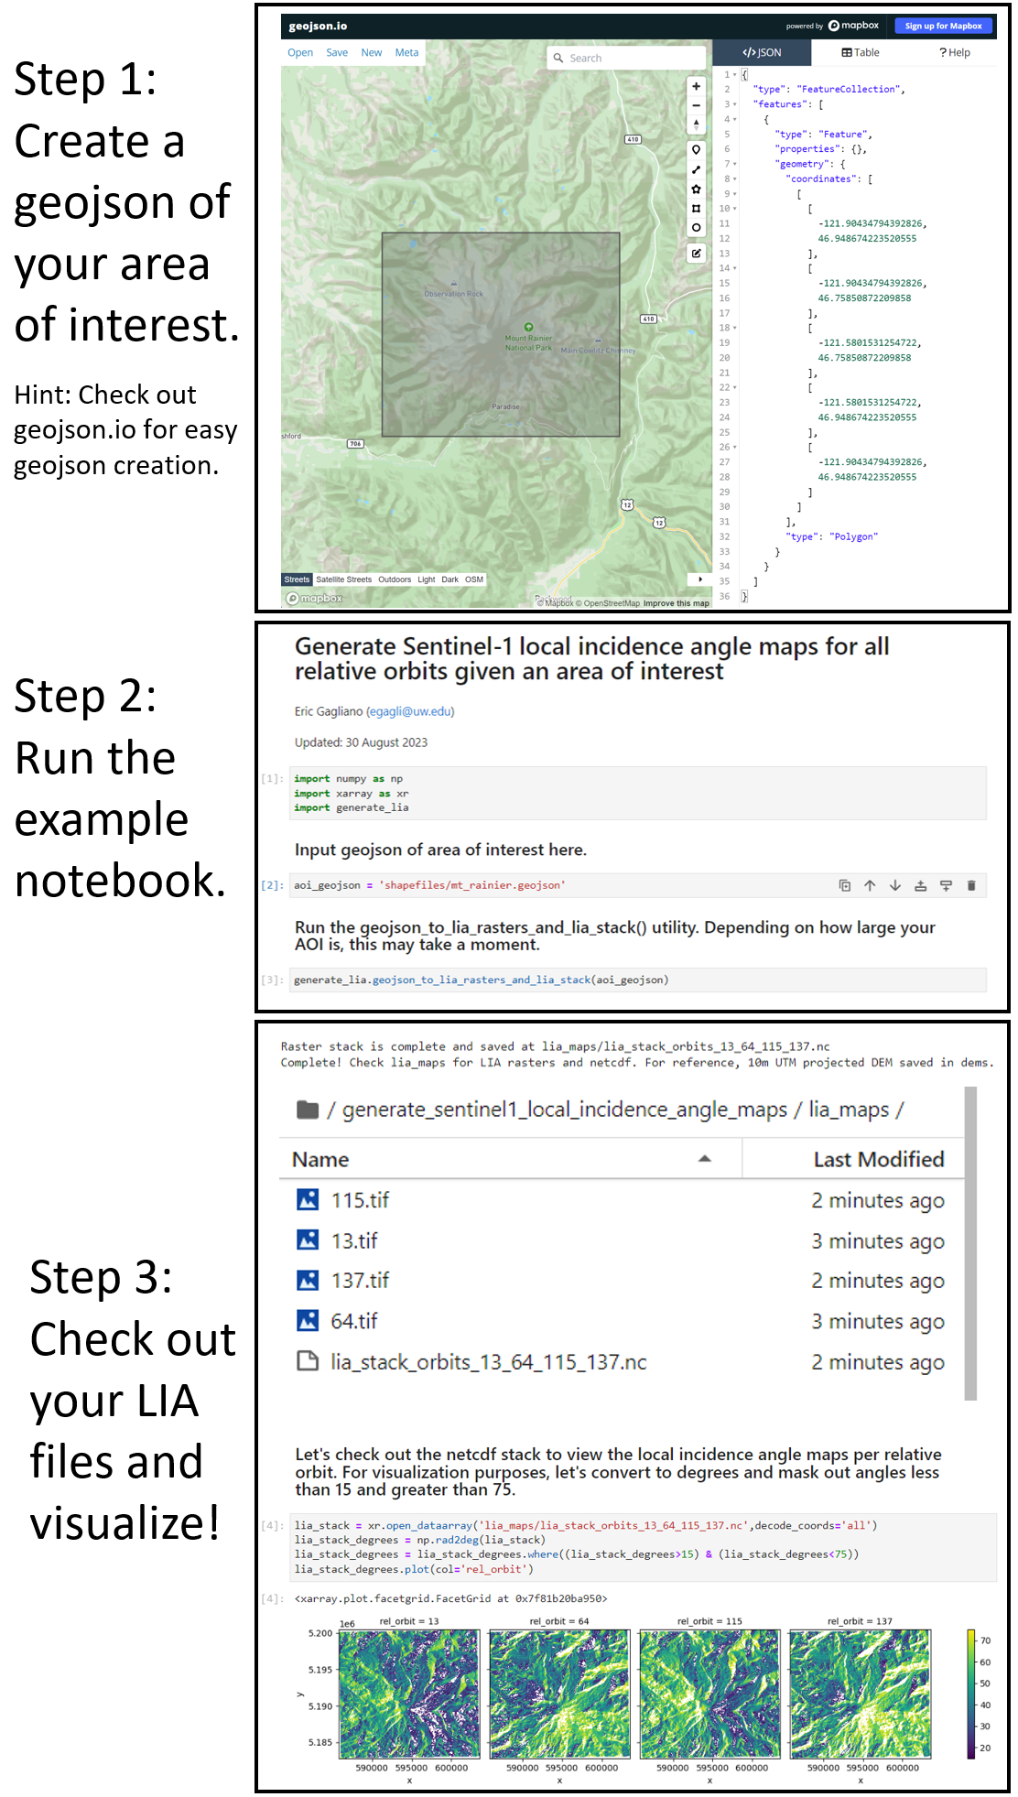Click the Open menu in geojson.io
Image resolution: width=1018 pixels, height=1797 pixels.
tap(300, 53)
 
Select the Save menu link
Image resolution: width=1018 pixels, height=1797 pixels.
tap(337, 53)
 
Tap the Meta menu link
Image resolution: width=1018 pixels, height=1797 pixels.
tap(406, 53)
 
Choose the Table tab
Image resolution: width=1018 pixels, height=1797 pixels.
tap(861, 53)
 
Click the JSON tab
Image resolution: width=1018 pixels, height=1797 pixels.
tap(762, 53)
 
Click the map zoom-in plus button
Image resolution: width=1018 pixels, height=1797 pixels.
tap(697, 86)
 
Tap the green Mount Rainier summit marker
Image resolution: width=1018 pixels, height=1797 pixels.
tap(528, 327)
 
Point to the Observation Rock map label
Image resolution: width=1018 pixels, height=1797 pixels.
tap(453, 294)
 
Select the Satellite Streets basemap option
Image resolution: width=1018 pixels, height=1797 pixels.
tap(344, 579)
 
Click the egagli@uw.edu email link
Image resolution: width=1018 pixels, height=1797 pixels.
tap(410, 711)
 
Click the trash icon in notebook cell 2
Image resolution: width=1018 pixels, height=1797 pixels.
tap(971, 885)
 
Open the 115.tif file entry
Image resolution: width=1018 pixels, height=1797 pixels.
tap(360, 1200)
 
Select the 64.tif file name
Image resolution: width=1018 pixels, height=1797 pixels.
tap(354, 1321)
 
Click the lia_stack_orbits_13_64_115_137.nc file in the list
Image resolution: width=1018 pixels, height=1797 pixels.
tap(488, 1362)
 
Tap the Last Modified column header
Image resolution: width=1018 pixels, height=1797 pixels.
tap(878, 1160)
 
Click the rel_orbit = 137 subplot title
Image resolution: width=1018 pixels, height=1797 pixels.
tap(860, 1621)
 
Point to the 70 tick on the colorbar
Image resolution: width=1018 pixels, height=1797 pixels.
tap(985, 1640)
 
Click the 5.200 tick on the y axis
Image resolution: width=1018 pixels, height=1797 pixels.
tap(320, 1633)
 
